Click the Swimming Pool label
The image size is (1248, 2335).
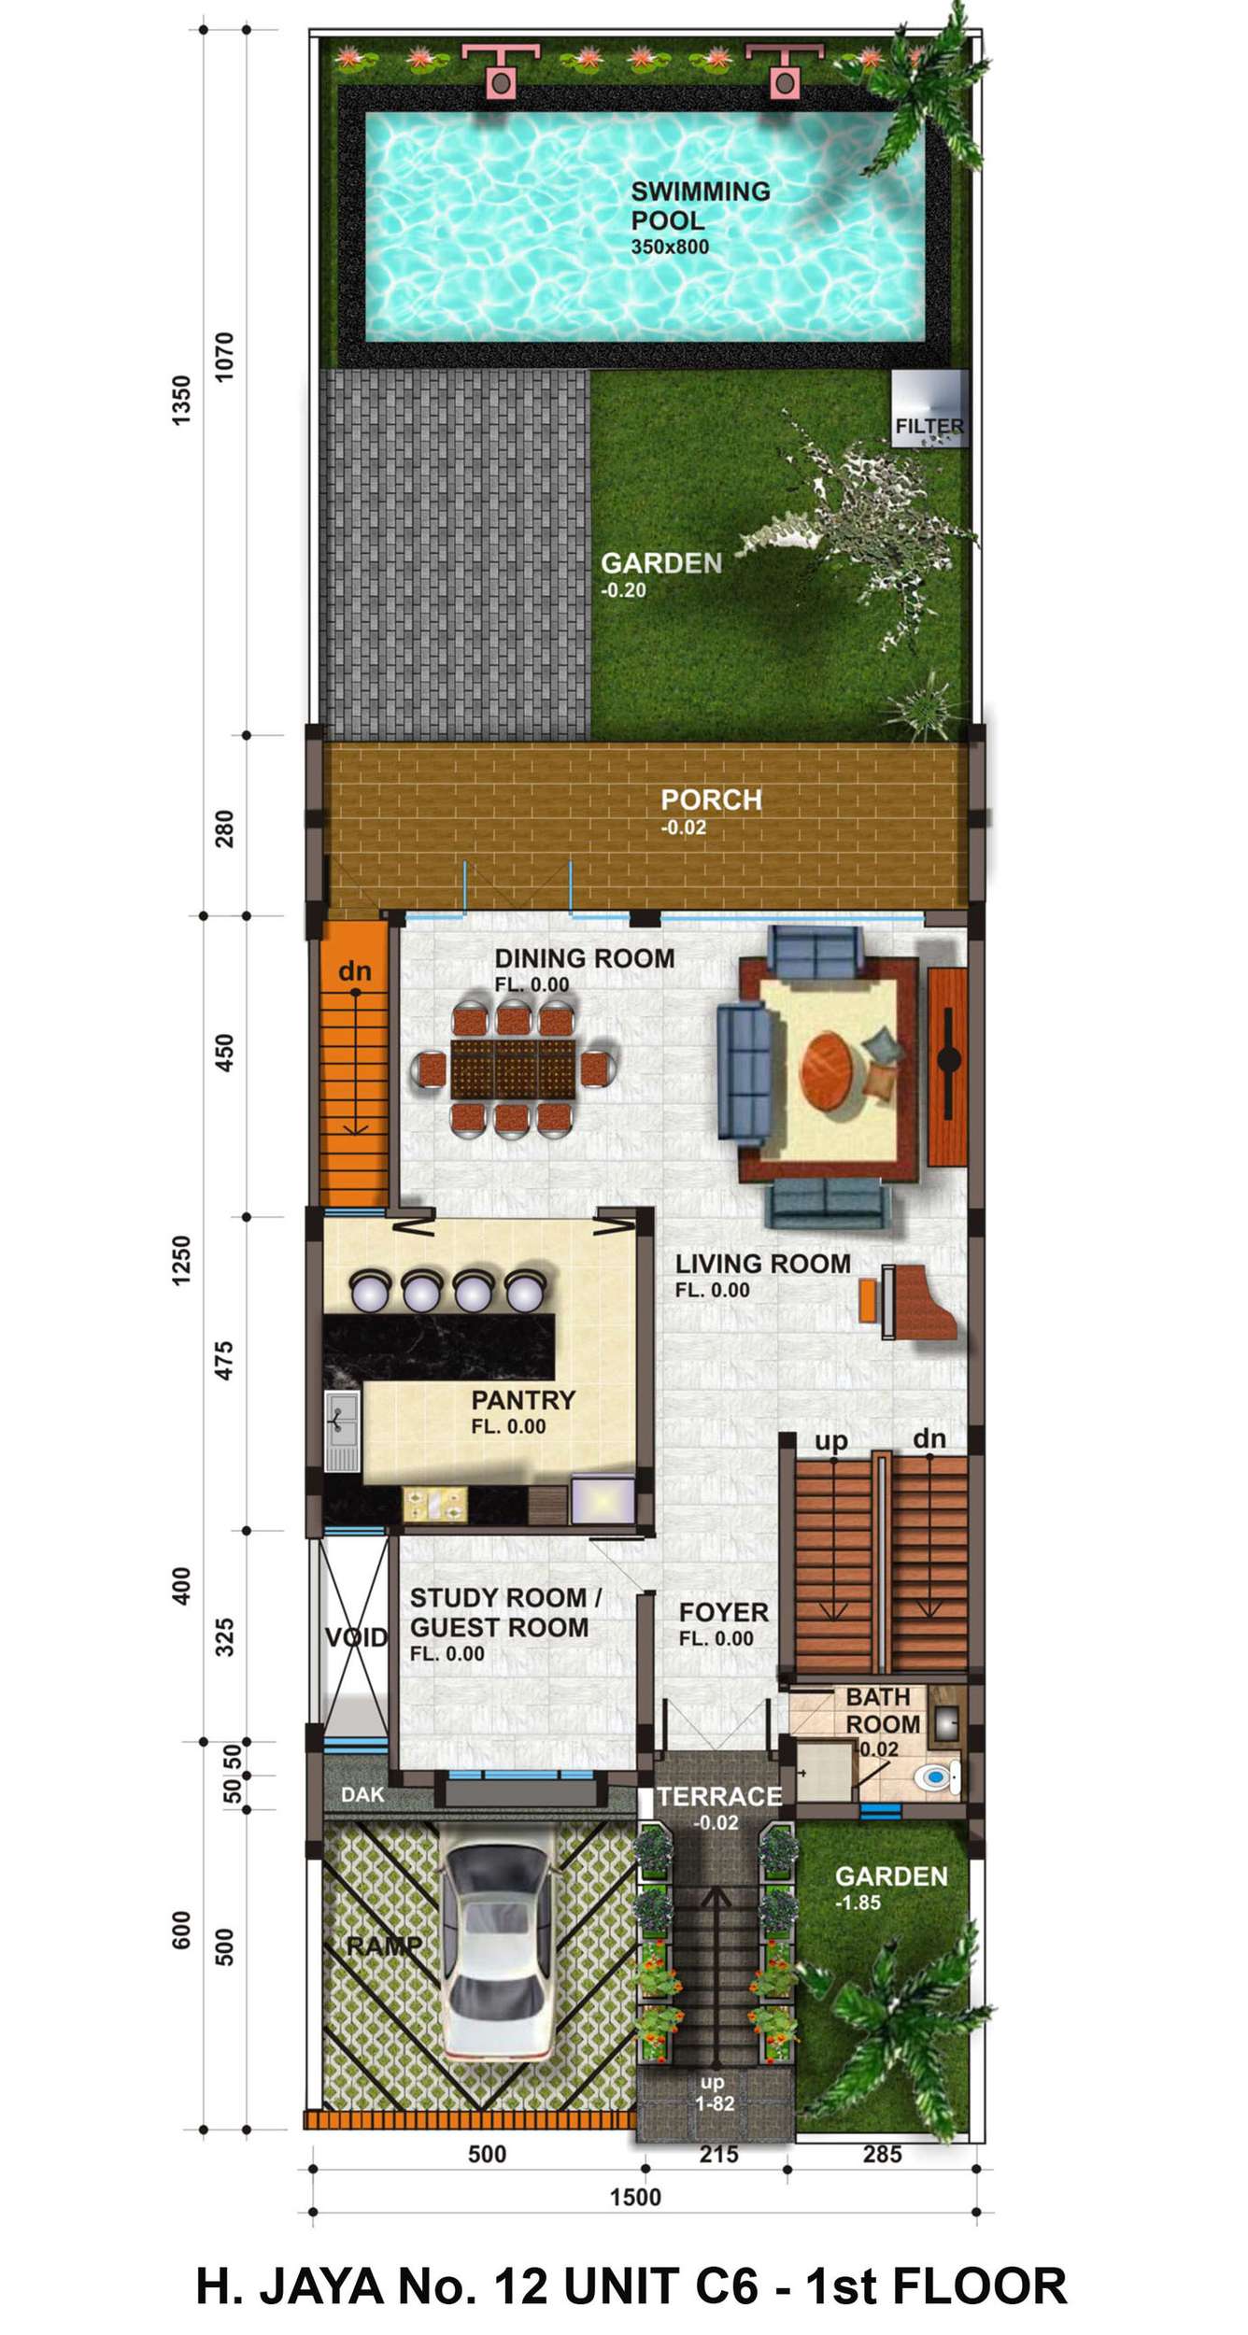(x=701, y=206)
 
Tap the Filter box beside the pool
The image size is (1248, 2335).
(x=929, y=409)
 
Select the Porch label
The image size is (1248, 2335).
(x=712, y=800)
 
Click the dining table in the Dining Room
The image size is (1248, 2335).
(x=513, y=1068)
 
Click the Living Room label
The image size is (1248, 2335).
(x=763, y=1264)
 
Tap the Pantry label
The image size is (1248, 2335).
(x=523, y=1400)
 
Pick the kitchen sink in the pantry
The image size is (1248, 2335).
(x=342, y=1430)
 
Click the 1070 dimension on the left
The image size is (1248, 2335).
(x=225, y=357)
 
